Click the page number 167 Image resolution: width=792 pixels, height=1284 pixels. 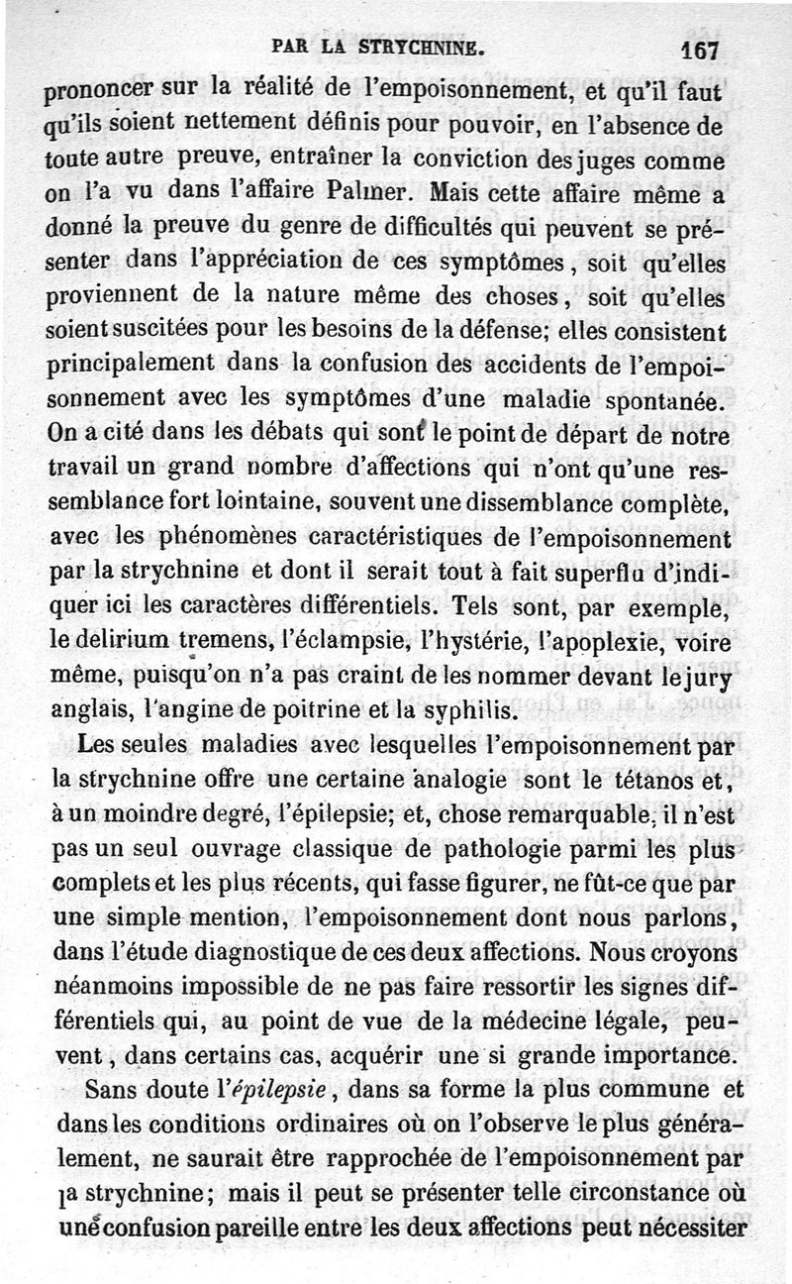[698, 50]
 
